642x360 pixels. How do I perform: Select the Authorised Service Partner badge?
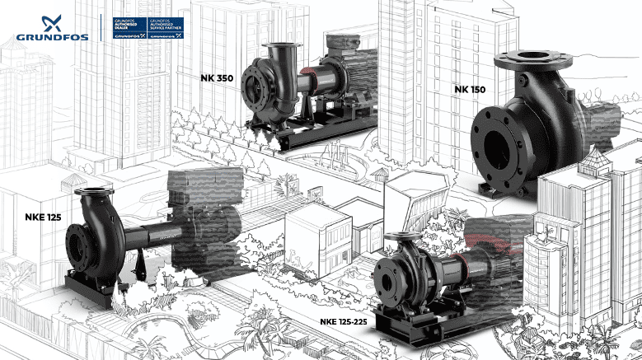(165, 27)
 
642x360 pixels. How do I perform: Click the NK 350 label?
(217, 77)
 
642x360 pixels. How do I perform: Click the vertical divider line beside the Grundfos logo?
(100, 27)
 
